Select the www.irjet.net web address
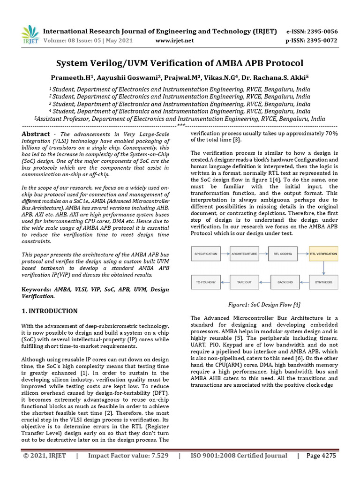coord(174,41)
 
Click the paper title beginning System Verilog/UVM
coord(180,63)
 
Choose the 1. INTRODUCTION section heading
coord(50,311)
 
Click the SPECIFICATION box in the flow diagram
coord(206,254)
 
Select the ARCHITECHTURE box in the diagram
coord(244,254)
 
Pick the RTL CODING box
coord(283,254)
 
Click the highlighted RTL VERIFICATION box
coord(323,254)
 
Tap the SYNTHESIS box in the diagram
coord(323,282)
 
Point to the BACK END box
coord(285,282)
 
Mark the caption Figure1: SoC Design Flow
coord(264,305)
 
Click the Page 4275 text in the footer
coord(321,455)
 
